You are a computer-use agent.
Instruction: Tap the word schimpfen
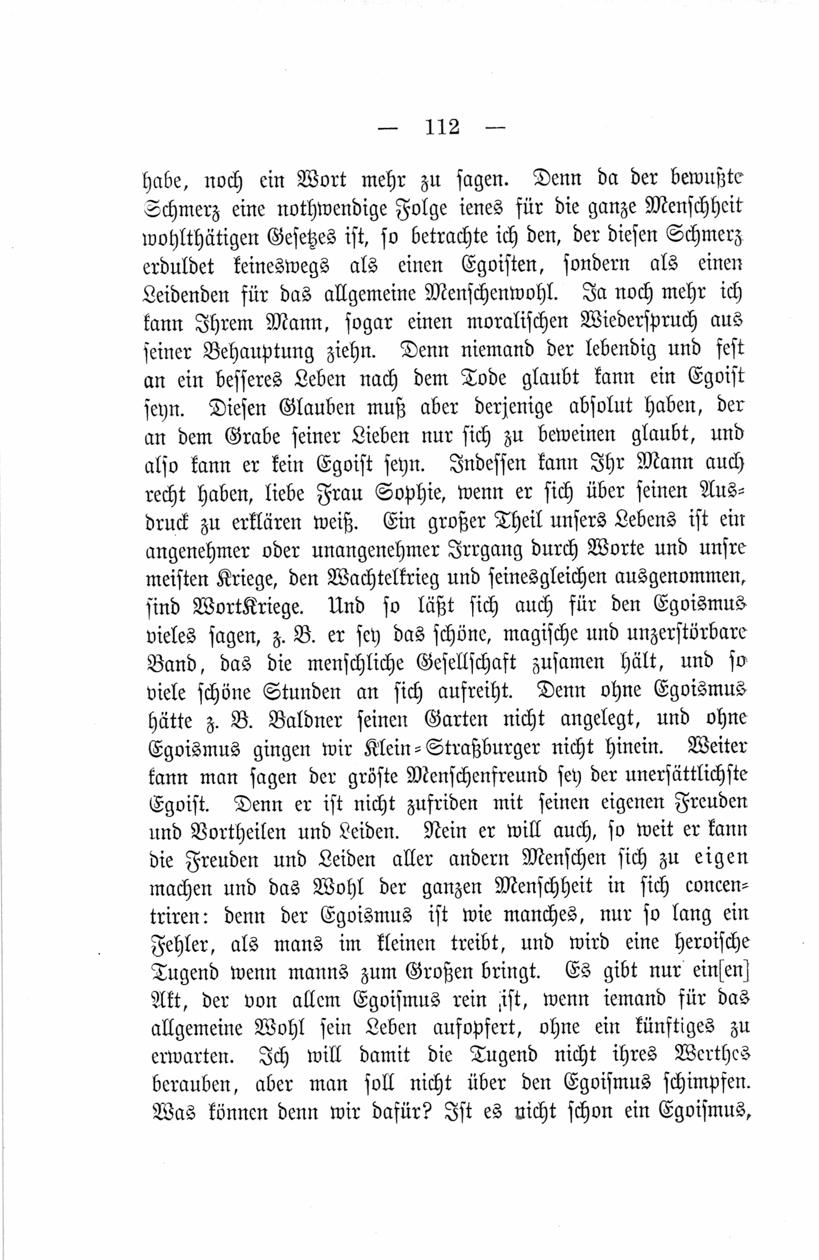tap(703, 1084)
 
